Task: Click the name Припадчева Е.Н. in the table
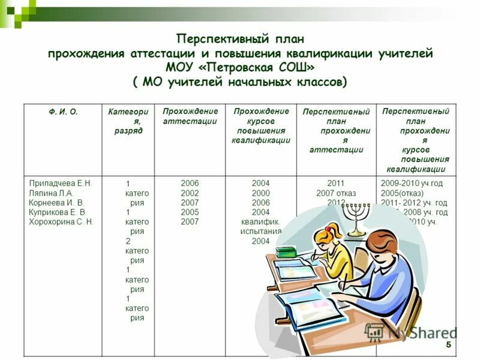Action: [x=60, y=183]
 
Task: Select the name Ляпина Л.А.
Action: [x=51, y=193]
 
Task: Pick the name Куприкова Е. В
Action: [x=57, y=212]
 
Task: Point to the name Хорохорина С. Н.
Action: [x=61, y=222]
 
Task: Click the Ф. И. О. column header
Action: [x=63, y=112]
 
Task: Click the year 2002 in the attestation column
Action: [x=190, y=193]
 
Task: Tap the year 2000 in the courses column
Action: [x=260, y=193]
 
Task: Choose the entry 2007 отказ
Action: [x=336, y=193]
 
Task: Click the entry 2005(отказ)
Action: [x=402, y=193]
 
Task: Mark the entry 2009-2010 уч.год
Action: [x=412, y=183]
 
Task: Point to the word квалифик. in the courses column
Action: [x=260, y=222]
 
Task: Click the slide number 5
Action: [x=448, y=346]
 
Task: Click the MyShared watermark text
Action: [x=420, y=333]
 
